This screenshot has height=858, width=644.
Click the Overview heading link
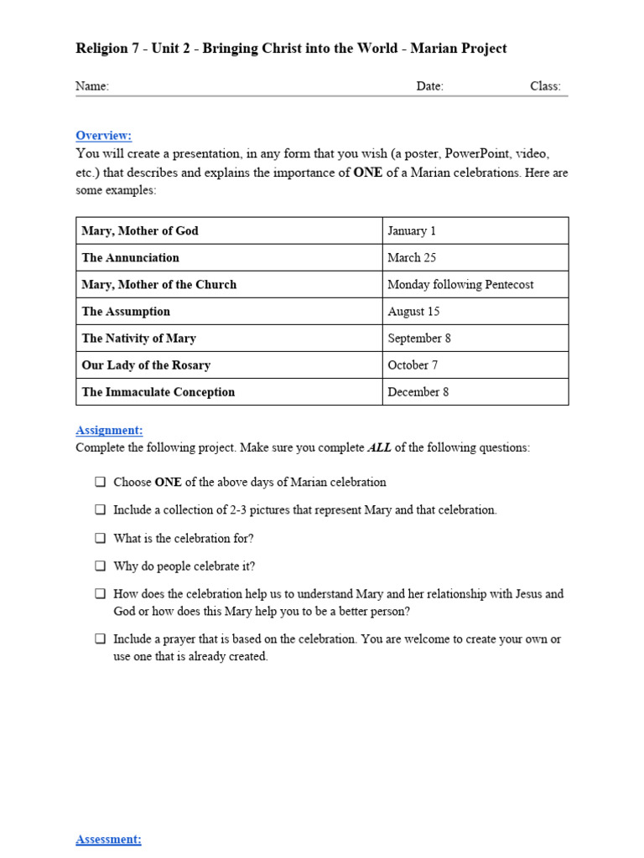[103, 136]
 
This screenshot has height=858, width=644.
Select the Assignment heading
[109, 430]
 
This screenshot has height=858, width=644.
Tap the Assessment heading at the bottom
[108, 839]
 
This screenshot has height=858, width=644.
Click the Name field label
[92, 86]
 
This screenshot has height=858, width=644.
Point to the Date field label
[429, 86]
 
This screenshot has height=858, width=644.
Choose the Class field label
[545, 86]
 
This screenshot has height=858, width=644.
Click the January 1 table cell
[412, 230]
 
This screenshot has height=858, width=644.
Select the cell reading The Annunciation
[130, 257]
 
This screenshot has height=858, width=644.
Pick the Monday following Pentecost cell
[460, 284]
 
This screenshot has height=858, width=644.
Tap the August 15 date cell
[413, 311]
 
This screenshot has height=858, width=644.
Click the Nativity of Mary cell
[138, 338]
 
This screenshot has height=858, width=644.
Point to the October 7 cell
[413, 364]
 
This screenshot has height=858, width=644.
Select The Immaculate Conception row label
[158, 391]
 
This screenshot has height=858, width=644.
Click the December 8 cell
[418, 391]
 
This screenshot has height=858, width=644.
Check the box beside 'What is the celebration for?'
[100, 538]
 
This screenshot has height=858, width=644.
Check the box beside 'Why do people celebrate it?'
[100, 566]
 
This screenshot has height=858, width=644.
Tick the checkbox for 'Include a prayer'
[100, 638]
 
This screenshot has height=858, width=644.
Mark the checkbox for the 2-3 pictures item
[100, 509]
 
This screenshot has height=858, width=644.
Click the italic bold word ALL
[379, 447]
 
